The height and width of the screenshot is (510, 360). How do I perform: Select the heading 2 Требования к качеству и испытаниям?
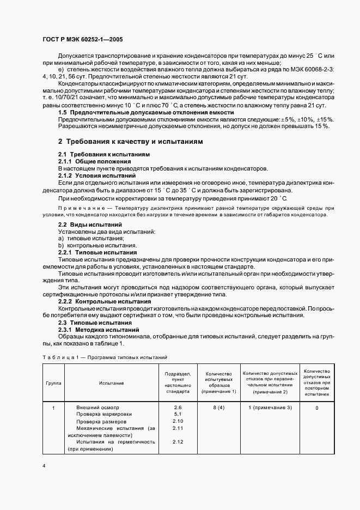[130, 141]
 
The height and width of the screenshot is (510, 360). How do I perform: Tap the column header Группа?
[53, 383]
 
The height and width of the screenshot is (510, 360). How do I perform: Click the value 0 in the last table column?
[316, 408]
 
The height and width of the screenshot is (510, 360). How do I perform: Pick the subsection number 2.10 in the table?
[178, 421]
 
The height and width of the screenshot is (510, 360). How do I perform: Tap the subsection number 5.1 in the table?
[178, 414]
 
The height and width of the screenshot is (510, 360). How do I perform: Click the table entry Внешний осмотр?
[97, 408]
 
